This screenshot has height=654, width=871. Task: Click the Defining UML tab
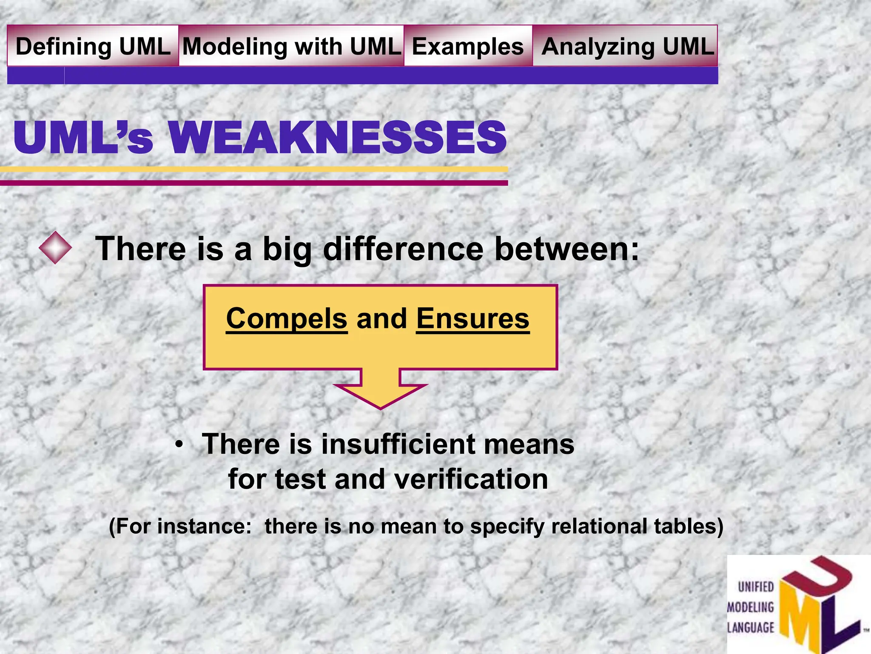pos(93,46)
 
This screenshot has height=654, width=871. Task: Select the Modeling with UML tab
pos(292,46)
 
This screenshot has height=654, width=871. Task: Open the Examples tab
pos(468,46)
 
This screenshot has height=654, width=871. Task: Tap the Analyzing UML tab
pos(627,46)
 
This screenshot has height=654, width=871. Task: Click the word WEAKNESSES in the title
pos(337,138)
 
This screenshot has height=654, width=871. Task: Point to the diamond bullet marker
pos(55,247)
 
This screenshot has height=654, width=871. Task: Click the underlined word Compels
pos(287,318)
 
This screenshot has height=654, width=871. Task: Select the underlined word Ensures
pos(473,318)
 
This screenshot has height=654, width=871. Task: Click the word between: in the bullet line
pos(567,249)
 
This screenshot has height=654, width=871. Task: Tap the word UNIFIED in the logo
pos(756,587)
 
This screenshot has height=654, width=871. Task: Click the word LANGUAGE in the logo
pos(751,628)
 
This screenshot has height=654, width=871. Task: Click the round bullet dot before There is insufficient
pos(179,445)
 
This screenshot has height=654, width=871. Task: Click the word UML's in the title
pos(83,138)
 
